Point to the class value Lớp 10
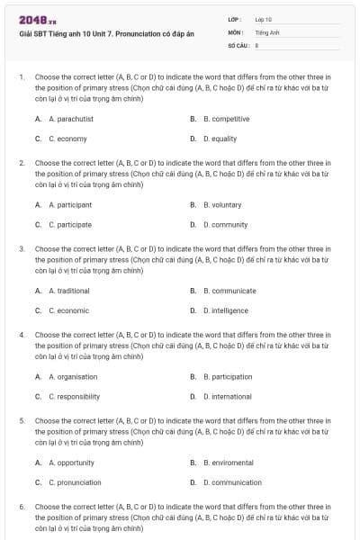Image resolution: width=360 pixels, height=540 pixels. [263, 19]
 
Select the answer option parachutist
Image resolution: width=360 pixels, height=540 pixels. [71, 118]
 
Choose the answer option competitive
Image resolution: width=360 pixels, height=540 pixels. [226, 118]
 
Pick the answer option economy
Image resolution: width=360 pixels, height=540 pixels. [67, 139]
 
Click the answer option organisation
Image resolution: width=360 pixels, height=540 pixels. [73, 376]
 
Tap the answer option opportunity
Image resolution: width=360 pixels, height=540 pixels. [71, 463]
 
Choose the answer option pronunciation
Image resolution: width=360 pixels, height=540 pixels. [73, 482]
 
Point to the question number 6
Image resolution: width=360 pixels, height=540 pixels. [22, 507]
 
